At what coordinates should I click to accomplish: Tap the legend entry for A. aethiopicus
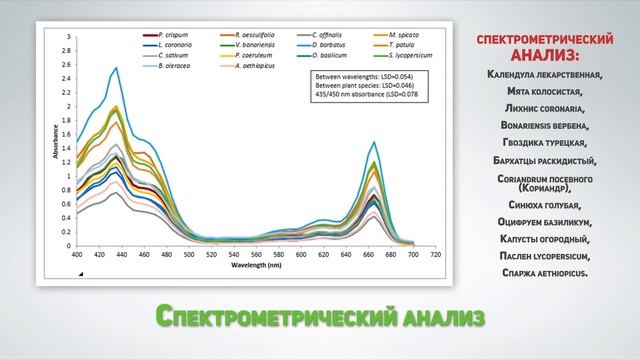tap(250, 67)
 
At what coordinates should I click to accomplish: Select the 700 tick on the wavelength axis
tap(414, 255)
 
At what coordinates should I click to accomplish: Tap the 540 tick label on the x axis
tap(234, 255)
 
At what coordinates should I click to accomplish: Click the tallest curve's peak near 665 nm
tap(374, 143)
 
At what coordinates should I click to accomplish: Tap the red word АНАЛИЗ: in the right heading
tap(545, 53)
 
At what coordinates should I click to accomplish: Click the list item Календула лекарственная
tap(545, 74)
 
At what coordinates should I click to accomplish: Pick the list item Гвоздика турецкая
tap(545, 143)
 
